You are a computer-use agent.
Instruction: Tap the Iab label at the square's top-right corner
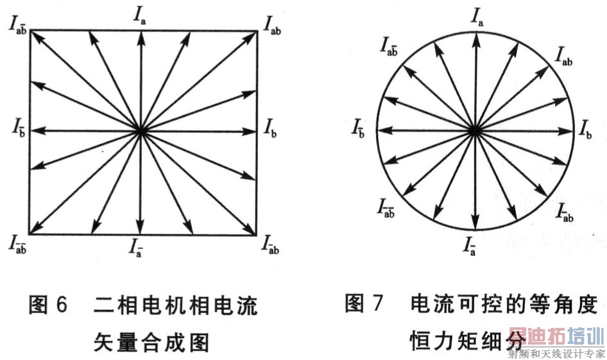coord(274,24)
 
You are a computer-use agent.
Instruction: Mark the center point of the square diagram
coord(141,131)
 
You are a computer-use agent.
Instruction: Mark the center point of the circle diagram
coord(474,131)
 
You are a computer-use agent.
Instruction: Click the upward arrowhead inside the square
coord(141,36)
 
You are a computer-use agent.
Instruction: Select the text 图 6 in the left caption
coord(48,305)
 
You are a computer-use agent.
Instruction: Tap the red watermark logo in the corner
coord(556,338)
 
